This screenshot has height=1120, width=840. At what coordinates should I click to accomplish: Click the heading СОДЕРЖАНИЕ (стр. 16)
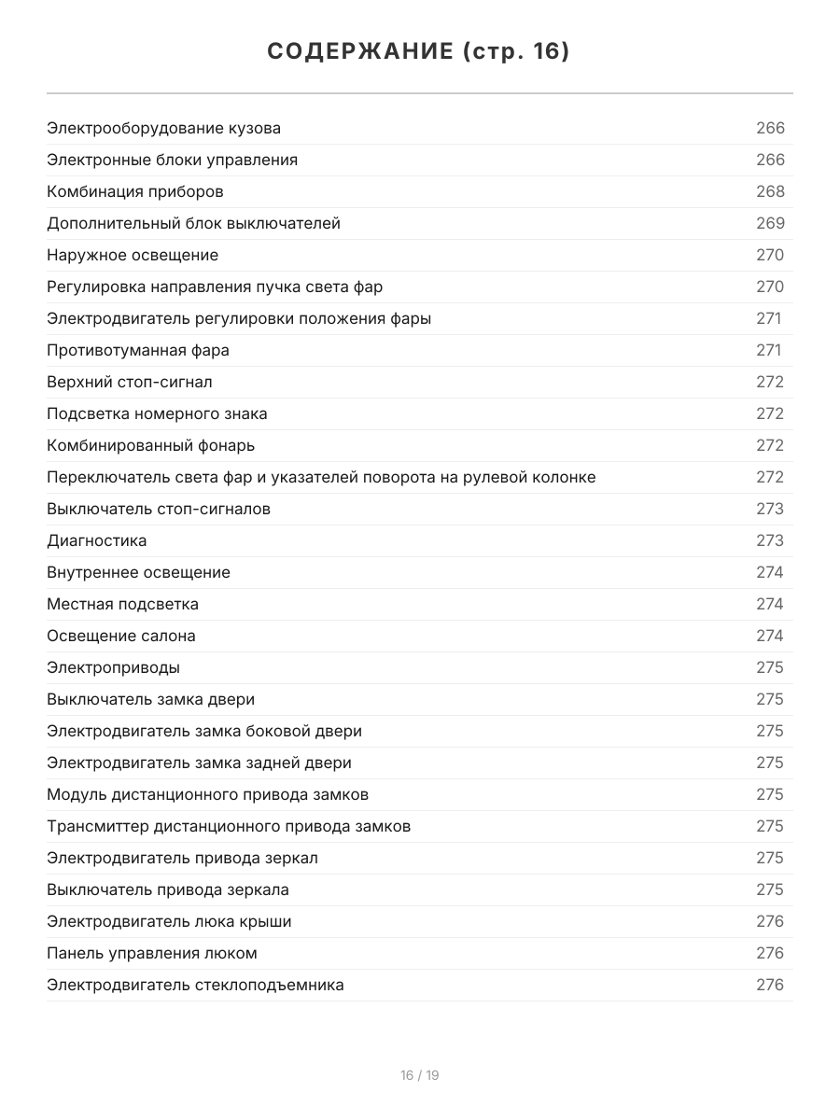tap(419, 52)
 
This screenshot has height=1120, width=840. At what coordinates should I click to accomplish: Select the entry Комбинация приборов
tap(135, 191)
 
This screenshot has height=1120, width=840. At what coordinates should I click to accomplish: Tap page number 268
tap(770, 191)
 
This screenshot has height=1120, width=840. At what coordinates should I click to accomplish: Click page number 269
tap(770, 223)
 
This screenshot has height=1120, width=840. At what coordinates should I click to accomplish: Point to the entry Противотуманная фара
tap(138, 350)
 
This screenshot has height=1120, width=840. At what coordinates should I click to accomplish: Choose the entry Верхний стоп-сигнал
tap(130, 382)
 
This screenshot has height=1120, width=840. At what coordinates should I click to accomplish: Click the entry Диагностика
tap(97, 540)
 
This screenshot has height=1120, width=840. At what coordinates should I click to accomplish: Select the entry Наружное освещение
tap(133, 255)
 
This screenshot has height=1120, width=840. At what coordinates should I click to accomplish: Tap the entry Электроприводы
tap(114, 667)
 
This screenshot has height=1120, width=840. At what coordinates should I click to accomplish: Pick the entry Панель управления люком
tap(152, 953)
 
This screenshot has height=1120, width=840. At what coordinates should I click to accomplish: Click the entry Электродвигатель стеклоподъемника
tap(195, 985)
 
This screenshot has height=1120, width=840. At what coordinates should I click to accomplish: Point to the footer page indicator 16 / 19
tap(420, 1075)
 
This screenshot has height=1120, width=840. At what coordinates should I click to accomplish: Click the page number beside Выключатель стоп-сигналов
tap(770, 509)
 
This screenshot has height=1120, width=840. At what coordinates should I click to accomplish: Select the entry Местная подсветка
tap(123, 604)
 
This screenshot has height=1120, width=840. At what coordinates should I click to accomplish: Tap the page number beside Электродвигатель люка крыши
tap(770, 921)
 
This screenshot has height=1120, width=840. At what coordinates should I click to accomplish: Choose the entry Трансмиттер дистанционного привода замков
tap(229, 826)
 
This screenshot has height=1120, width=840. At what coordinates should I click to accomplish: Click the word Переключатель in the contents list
tap(102, 477)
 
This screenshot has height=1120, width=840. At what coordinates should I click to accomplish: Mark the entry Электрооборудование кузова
tap(164, 128)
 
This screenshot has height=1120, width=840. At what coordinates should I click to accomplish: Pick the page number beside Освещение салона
tap(770, 636)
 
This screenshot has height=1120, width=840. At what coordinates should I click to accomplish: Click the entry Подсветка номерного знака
tap(157, 413)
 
